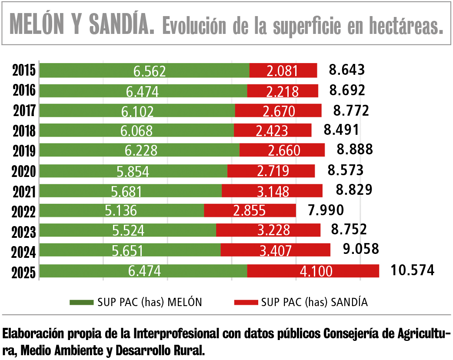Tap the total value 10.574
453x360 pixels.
(412, 270)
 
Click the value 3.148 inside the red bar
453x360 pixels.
(272, 191)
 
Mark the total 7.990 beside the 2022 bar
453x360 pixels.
(326, 210)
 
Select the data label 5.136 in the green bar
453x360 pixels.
(121, 211)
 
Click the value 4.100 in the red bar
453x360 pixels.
(316, 271)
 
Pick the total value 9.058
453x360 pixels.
(361, 249)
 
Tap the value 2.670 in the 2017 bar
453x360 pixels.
(278, 111)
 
